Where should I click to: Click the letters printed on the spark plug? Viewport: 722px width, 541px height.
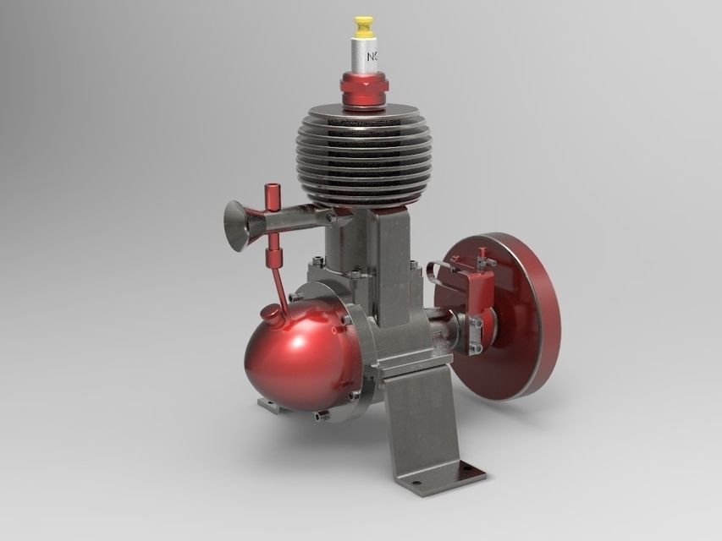(x=372, y=57)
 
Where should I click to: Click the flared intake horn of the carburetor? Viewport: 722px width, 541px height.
(x=238, y=226)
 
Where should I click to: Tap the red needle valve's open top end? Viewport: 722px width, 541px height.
(x=272, y=185)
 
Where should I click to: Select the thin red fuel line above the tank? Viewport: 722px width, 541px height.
(x=279, y=287)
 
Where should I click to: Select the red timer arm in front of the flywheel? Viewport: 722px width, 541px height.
(x=479, y=292)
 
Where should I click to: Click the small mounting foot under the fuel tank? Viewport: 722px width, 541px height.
(x=269, y=407)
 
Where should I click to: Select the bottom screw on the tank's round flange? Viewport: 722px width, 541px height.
(x=319, y=415)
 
